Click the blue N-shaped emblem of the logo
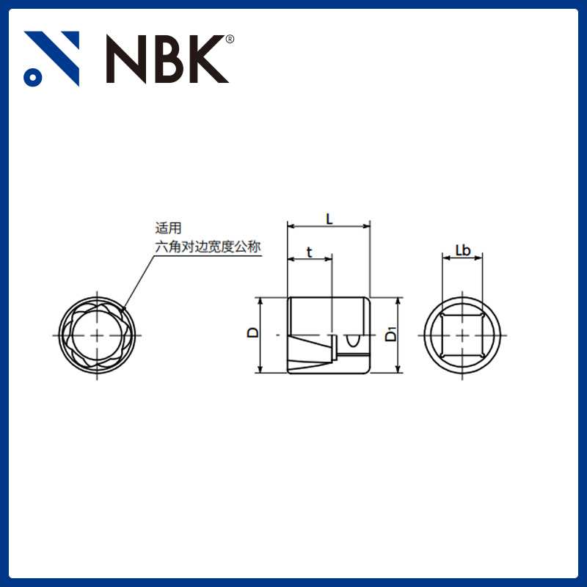click(51, 57)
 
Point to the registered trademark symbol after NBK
click(230, 40)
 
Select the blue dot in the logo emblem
click(32, 76)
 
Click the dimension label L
click(329, 218)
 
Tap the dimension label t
click(309, 252)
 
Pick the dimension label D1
click(390, 335)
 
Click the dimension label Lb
click(462, 250)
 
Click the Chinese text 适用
click(167, 228)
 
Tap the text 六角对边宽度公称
click(208, 247)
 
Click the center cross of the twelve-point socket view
click(97, 335)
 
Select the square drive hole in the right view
click(462, 335)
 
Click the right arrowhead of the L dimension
click(367, 226)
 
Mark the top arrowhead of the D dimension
click(258, 302)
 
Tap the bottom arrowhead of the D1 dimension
click(398, 368)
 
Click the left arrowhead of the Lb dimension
click(445, 258)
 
